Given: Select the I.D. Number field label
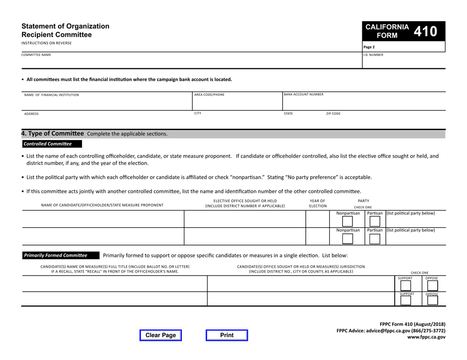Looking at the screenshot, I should (x=373, y=55).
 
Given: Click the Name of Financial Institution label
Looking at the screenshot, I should (x=52, y=94).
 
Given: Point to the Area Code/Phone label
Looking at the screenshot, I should (x=209, y=94).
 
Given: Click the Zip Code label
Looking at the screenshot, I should (x=333, y=113).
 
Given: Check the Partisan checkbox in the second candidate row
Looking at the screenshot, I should (x=374, y=239).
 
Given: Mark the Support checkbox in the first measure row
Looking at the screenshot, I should (x=406, y=286).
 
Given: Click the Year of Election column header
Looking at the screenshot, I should (x=317, y=203).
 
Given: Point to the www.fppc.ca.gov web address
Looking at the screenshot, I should (x=425, y=337).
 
